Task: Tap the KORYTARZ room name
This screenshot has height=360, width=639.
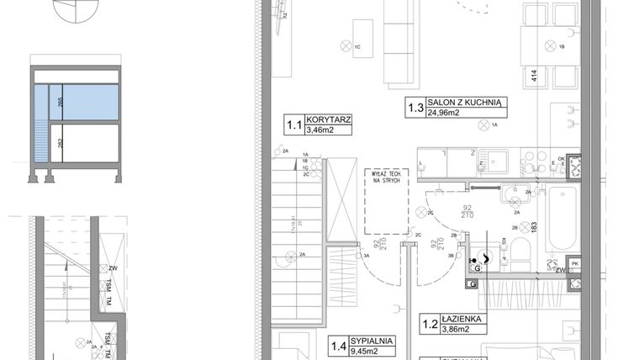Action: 329,120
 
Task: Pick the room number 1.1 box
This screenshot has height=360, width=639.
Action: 294,126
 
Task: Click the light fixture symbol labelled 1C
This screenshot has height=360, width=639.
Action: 344,45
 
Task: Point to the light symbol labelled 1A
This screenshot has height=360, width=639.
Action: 483,125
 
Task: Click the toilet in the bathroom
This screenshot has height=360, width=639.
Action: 518,251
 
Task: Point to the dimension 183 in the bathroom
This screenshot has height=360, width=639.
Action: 533,226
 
